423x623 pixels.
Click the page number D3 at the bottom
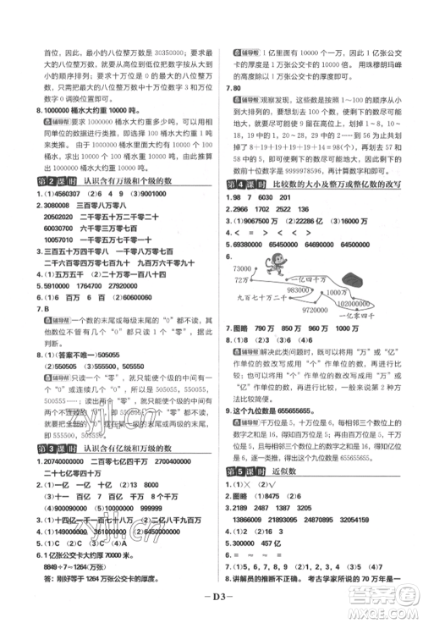click(x=211, y=604)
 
